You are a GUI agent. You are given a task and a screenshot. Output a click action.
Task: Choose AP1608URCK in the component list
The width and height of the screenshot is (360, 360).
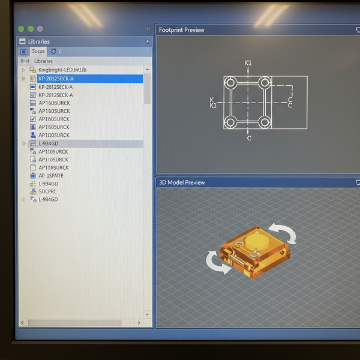click(x=54, y=103)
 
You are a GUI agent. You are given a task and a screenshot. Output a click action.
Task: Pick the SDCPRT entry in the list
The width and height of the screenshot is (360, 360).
click(x=48, y=191)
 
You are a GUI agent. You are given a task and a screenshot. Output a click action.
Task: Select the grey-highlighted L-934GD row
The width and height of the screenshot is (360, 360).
click(x=49, y=143)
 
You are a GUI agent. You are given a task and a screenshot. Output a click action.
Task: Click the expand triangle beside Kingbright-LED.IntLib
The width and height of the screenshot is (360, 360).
click(x=24, y=70)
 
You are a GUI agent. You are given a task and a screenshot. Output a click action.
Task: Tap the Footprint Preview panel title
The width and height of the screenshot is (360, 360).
click(x=181, y=30)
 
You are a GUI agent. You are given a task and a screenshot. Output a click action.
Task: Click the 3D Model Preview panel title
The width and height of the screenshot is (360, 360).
click(x=182, y=182)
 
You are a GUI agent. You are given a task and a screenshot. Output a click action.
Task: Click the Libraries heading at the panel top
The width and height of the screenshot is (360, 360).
click(x=38, y=41)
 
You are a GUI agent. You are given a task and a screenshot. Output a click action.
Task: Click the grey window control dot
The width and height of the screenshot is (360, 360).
click(x=40, y=29)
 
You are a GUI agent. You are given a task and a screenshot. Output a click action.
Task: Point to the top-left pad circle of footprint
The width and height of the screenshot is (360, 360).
click(x=230, y=82)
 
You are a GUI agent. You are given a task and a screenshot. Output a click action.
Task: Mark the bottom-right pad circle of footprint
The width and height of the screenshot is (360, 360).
click(x=265, y=122)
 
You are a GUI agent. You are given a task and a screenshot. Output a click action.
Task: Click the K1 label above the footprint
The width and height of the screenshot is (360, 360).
click(x=248, y=63)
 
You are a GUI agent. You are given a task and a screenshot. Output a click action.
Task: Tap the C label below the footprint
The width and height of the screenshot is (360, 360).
click(x=249, y=139)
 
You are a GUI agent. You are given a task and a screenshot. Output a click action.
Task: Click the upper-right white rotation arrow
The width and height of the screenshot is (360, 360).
click(x=282, y=232)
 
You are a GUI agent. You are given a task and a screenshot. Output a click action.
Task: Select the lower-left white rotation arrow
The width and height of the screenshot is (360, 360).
click(x=217, y=263)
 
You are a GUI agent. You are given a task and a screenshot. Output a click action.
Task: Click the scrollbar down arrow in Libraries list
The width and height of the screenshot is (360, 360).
click(x=148, y=314)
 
